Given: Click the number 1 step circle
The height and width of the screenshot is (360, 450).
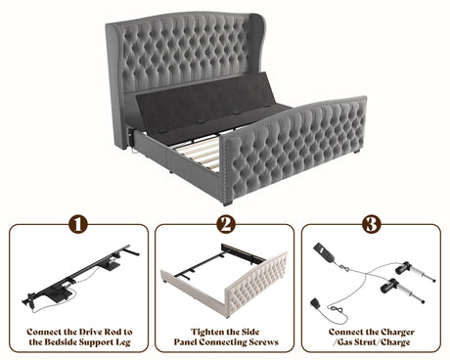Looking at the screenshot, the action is pyautogui.click(x=78, y=224).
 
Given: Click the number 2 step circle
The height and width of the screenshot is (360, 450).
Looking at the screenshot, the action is pyautogui.click(x=226, y=224).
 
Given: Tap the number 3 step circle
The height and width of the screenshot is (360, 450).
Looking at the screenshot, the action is pyautogui.click(x=372, y=224).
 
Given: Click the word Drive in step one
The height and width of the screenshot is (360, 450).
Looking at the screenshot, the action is pyautogui.click(x=90, y=332).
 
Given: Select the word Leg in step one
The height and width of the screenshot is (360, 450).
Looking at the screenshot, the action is pyautogui.click(x=122, y=342).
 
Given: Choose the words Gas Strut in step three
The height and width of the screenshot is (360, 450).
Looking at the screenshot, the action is pyautogui.click(x=359, y=342).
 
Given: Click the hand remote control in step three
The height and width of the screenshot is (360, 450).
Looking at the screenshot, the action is pyautogui.click(x=324, y=252).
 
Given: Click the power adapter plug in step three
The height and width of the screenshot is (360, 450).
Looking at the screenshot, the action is pyautogui.click(x=315, y=303).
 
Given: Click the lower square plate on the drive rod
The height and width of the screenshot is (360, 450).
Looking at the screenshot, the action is pyautogui.click(x=59, y=293).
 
